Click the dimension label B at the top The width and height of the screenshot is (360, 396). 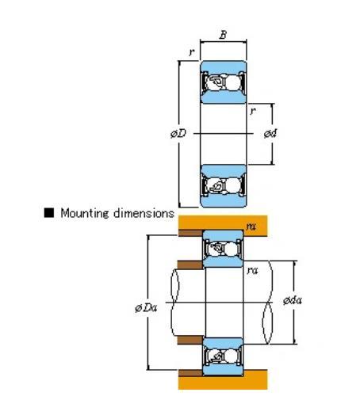click(223, 35)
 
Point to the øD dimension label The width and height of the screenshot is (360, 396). click(178, 134)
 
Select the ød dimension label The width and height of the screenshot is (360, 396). click(270, 134)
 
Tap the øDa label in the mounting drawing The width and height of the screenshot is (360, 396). click(146, 307)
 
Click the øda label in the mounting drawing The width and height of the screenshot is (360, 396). click(293, 300)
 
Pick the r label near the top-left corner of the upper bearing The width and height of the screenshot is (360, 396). click(192, 52)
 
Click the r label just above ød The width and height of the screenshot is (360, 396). click(253, 111)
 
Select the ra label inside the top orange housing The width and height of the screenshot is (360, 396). click(251, 227)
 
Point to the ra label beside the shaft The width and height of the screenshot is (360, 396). click(252, 271)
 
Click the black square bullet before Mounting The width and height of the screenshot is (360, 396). click(49, 213)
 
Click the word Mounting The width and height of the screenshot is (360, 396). click(85, 213)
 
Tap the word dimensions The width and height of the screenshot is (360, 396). click(144, 213)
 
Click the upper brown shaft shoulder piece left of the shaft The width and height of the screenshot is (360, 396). click(190, 265)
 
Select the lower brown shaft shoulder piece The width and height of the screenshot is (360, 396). click(190, 340)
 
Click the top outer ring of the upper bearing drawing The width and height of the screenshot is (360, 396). click(224, 67)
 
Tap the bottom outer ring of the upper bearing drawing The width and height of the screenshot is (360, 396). click(224, 201)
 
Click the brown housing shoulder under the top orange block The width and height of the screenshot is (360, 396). click(190, 233)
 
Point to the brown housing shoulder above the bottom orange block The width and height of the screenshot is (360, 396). click(190, 373)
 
